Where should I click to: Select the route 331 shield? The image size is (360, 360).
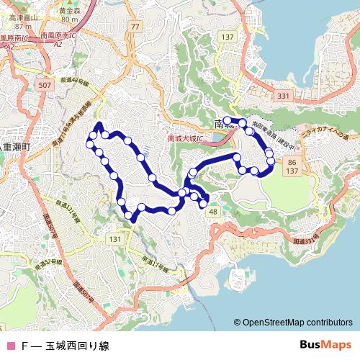tap(283, 96)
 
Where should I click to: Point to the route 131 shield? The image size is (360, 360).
tap(114, 238)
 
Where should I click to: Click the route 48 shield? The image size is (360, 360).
tap(213, 212)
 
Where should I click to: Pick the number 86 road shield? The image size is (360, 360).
tap(291, 163)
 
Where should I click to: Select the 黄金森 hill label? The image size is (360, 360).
tap(69, 12)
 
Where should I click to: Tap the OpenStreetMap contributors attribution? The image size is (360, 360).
tap(297, 323)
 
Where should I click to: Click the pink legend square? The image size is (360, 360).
tap(10, 346)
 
